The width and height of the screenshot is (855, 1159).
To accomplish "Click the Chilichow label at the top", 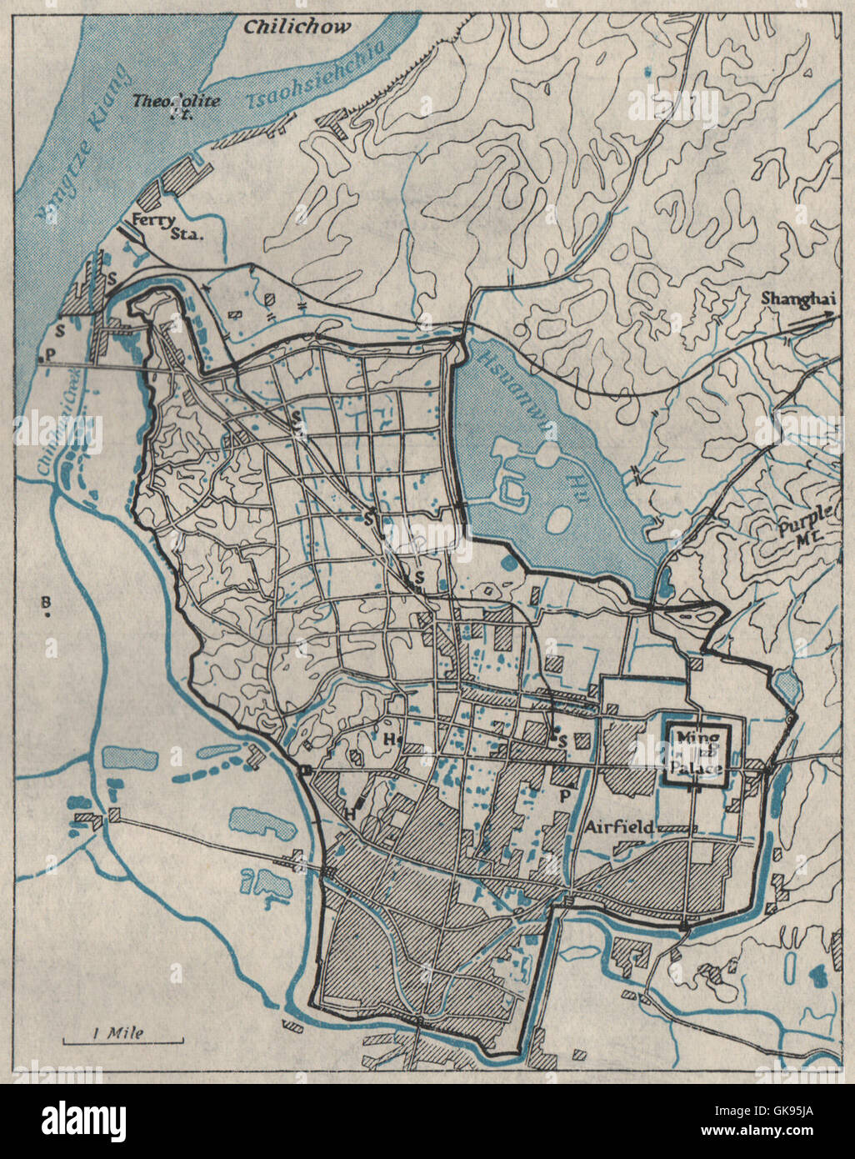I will click(x=297, y=26).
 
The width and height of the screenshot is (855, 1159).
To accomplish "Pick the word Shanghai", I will click(x=796, y=301).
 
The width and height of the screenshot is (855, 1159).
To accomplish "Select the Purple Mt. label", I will click(x=797, y=532).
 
